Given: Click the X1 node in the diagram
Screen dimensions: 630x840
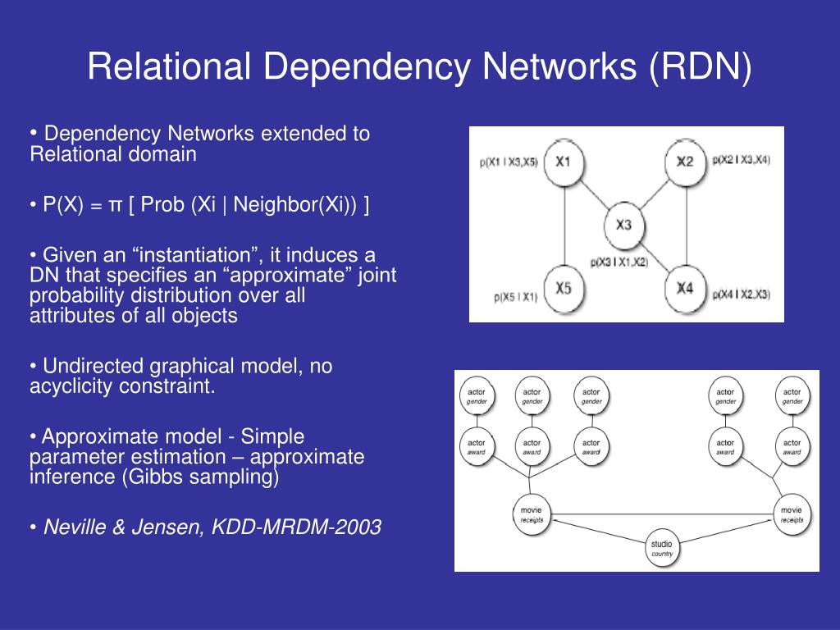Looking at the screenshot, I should point(563,162).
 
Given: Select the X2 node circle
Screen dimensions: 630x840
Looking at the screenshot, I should point(685,162).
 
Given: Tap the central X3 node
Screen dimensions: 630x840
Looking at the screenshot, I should point(624,224).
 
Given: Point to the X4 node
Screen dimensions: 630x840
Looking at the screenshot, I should point(685,289).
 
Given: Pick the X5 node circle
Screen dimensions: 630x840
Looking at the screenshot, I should point(563,289).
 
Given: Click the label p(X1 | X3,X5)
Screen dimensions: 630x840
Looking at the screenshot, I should point(509,162).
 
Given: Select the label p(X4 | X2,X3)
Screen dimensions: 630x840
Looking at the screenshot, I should point(742,294).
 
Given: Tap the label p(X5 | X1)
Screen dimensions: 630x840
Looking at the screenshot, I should point(515,295).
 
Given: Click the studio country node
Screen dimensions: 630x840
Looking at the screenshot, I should point(661,548).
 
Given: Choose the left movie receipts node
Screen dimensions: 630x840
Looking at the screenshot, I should point(531,514).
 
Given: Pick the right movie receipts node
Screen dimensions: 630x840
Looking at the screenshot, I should point(792,514).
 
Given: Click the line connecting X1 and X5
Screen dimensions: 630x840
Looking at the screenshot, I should point(563,225).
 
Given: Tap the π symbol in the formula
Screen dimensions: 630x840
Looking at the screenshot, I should point(115,205).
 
